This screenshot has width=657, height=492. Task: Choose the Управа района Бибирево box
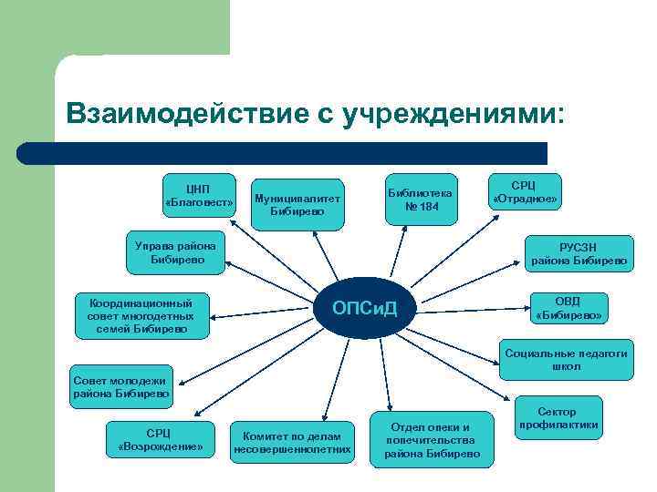174,252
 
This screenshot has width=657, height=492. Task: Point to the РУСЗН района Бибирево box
579,252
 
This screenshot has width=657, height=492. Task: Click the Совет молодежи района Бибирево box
120,387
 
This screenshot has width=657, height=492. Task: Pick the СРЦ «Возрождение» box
160,439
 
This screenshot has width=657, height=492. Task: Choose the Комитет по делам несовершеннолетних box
292,441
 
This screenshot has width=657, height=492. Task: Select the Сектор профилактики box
558,418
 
